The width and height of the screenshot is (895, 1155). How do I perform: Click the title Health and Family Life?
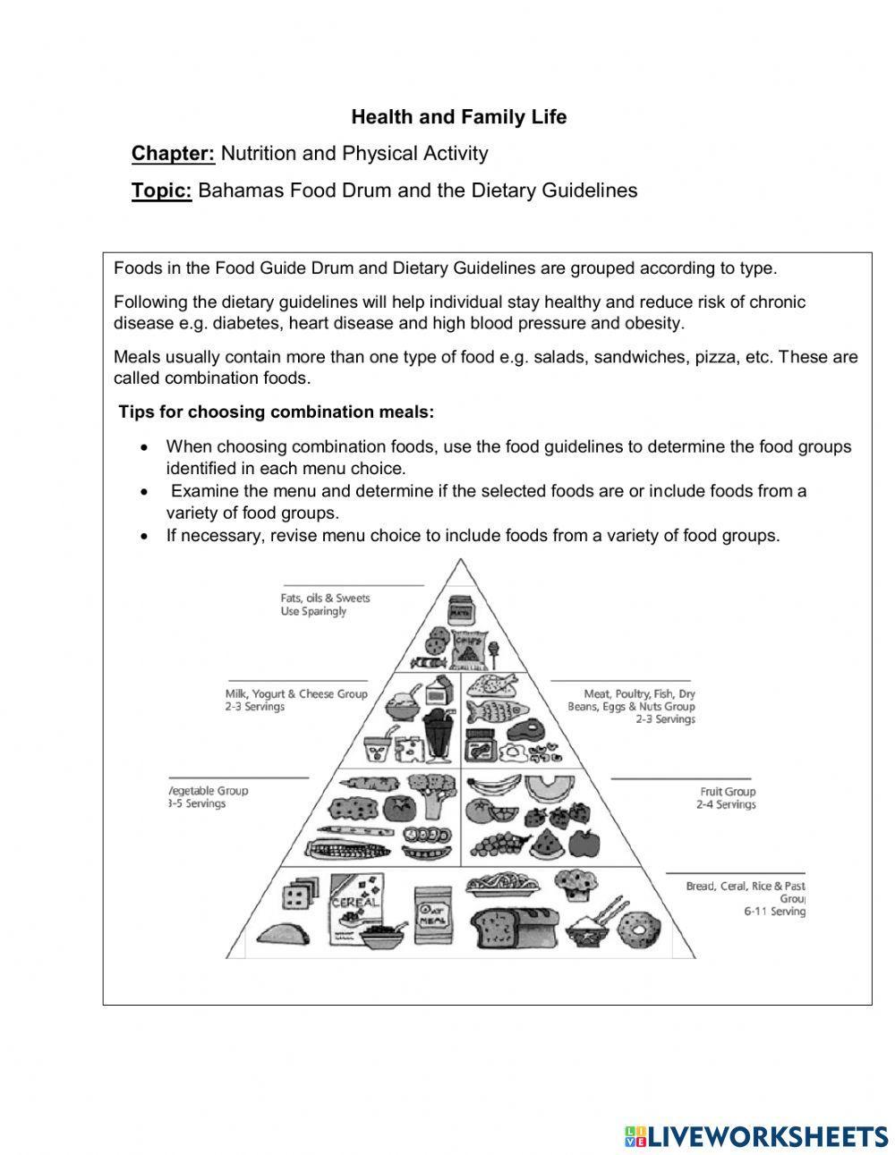click(458, 117)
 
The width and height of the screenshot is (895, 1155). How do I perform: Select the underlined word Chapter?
click(173, 154)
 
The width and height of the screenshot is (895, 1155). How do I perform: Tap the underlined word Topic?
click(161, 191)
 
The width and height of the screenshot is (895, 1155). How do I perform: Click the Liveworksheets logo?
click(756, 1135)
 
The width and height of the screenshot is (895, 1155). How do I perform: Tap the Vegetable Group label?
click(209, 797)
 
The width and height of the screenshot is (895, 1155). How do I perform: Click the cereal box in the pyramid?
click(356, 906)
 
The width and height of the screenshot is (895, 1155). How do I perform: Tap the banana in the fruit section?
click(495, 786)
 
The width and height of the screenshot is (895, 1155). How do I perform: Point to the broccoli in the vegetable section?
click(439, 792)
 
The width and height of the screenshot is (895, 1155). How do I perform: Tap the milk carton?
click(439, 692)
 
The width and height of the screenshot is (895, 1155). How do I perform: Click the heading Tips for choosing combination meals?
click(277, 412)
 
